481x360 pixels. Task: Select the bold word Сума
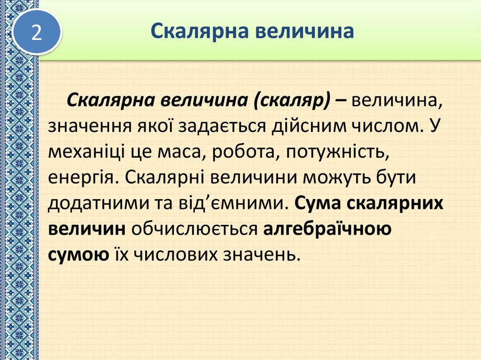319,203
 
